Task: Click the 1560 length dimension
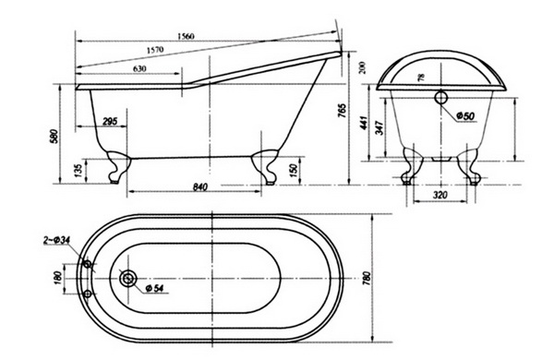click(x=187, y=36)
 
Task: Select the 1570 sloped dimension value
click(x=155, y=50)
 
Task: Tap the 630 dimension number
click(x=139, y=68)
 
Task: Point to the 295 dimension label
click(x=110, y=121)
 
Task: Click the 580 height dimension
click(x=54, y=137)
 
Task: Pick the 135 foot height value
click(x=78, y=170)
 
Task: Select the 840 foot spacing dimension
click(x=200, y=186)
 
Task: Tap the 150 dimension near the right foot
click(x=294, y=171)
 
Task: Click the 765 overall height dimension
click(x=342, y=111)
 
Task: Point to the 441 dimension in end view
click(x=365, y=123)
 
